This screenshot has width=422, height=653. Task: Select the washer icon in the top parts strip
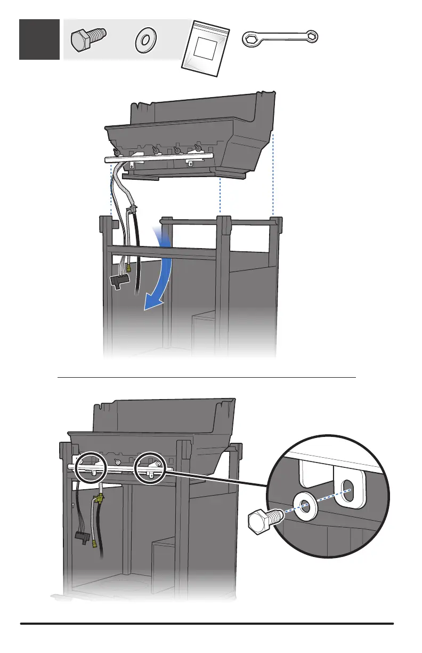pos(144,42)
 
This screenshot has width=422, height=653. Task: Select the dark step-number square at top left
pos(39,39)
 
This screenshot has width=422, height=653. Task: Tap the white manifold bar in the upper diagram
pos(160,155)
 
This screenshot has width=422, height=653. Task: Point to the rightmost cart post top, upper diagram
pos(276,221)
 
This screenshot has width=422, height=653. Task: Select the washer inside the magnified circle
pos(305,505)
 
